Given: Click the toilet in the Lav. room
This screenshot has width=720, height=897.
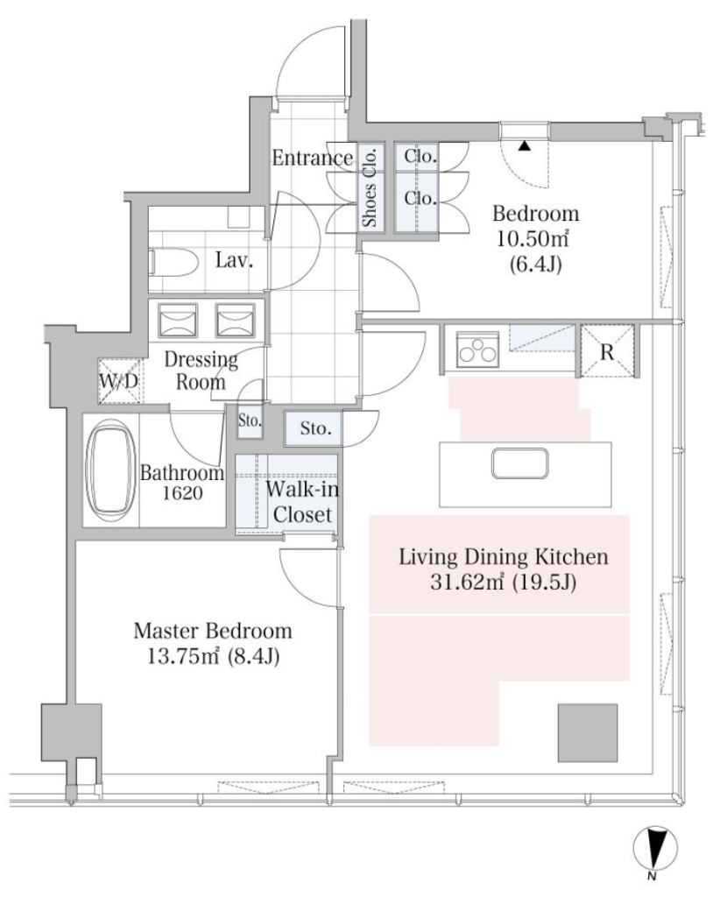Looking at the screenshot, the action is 173,263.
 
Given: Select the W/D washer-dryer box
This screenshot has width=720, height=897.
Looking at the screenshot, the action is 119,381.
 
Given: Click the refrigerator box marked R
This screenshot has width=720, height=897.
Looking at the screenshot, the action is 607,351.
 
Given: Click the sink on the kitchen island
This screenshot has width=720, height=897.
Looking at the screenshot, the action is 519,463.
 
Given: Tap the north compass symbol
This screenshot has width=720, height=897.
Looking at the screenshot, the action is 655,850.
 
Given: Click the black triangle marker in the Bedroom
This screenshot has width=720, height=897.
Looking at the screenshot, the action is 525,146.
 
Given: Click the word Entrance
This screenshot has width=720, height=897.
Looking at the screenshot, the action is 312,158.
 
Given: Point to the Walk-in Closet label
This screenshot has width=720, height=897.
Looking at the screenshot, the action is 302,502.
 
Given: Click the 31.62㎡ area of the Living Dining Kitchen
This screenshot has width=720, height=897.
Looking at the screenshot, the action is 466,583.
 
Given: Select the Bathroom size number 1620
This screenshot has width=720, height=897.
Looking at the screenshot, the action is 182,493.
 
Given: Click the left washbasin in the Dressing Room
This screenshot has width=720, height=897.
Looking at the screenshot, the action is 177,321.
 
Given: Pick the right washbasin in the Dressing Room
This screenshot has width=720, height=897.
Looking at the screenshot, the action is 235,321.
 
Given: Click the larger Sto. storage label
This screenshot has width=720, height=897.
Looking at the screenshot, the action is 315,427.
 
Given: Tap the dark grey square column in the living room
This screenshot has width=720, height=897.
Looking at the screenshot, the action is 588,733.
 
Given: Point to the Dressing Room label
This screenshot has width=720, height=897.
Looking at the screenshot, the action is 201,371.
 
